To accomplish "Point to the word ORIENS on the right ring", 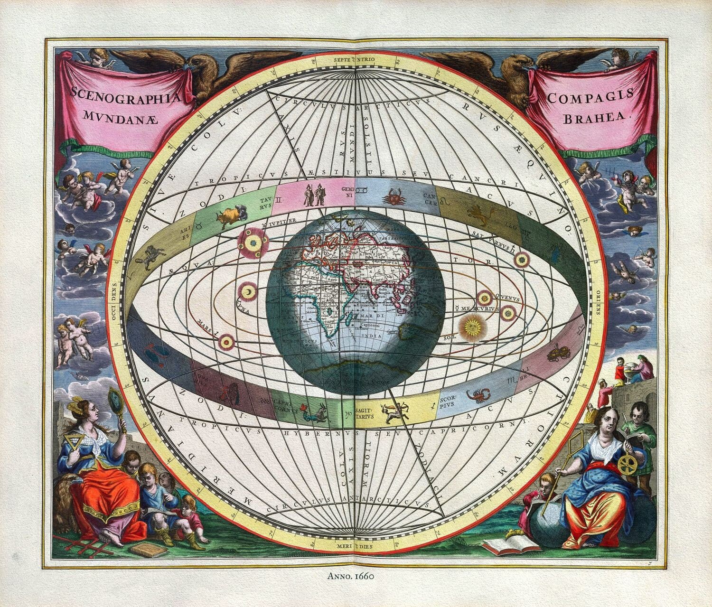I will pyautogui.click(x=598, y=304).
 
